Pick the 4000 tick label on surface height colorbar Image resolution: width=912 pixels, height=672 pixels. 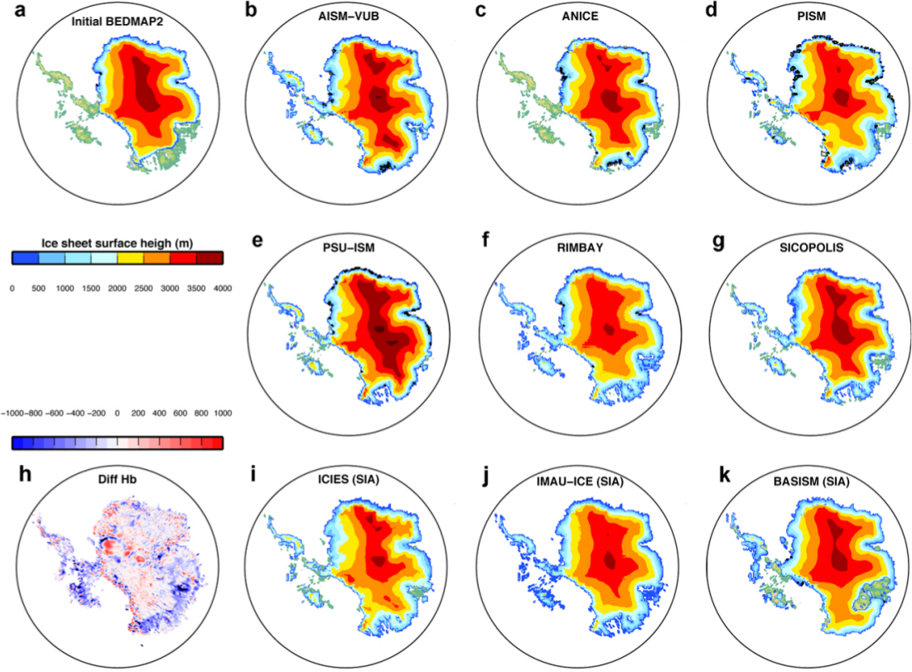click(x=222, y=287)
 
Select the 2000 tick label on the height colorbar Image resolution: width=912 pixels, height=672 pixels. click(x=116, y=287)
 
